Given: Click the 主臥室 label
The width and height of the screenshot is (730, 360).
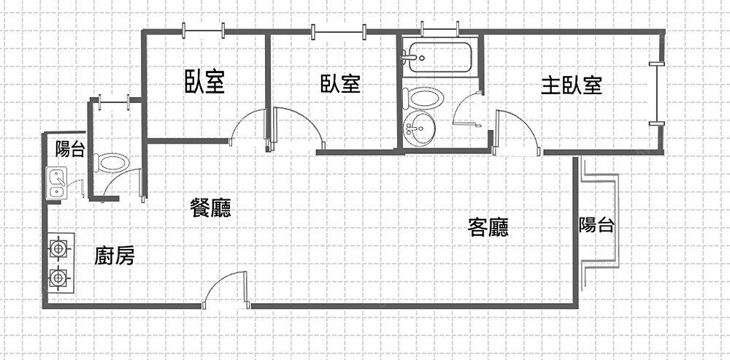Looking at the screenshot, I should [571, 85].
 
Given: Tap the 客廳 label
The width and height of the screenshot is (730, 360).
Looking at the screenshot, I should [488, 228].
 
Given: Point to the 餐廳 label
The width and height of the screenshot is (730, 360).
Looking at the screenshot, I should [210, 210].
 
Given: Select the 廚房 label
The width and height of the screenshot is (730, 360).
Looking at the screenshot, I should [115, 256].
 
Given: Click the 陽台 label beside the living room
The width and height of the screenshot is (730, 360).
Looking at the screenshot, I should [596, 224].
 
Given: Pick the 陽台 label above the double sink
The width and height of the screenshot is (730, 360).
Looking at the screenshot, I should [70, 150].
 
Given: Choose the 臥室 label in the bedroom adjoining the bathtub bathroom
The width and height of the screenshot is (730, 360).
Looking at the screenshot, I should [340, 84].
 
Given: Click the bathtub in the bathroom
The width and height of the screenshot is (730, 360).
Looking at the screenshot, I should [440, 57].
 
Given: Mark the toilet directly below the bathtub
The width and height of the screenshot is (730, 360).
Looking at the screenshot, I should [424, 99].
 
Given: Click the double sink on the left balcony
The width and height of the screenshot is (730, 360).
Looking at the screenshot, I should [56, 183].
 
